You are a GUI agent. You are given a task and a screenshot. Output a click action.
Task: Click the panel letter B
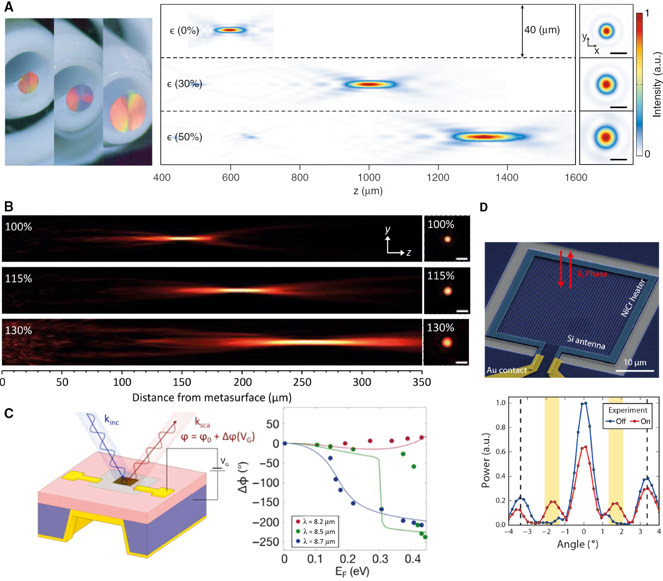(9, 206)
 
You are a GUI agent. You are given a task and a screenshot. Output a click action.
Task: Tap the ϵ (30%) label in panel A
(184, 84)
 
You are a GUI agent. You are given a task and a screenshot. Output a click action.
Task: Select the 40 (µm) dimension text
(542, 30)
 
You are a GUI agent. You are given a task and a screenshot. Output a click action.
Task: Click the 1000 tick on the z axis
(369, 177)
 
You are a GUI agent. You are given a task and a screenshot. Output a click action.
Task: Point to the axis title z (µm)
(368, 191)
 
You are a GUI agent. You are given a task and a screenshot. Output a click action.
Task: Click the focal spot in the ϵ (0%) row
(230, 30)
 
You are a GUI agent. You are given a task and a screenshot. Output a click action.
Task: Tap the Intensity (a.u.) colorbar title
(657, 84)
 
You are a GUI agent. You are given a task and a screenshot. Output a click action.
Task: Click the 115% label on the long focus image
(19, 279)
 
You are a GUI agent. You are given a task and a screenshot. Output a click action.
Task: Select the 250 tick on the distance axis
(302, 382)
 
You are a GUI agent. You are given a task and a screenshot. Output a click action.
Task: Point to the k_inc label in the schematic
(112, 420)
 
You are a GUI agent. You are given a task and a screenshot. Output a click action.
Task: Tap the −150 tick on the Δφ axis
(266, 502)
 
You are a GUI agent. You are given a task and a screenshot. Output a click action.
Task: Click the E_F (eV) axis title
(352, 572)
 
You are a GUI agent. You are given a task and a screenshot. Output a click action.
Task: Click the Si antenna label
(586, 342)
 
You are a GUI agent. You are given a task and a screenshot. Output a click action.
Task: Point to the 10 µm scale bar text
(635, 363)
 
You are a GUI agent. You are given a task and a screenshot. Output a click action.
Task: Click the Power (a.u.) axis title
(485, 460)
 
